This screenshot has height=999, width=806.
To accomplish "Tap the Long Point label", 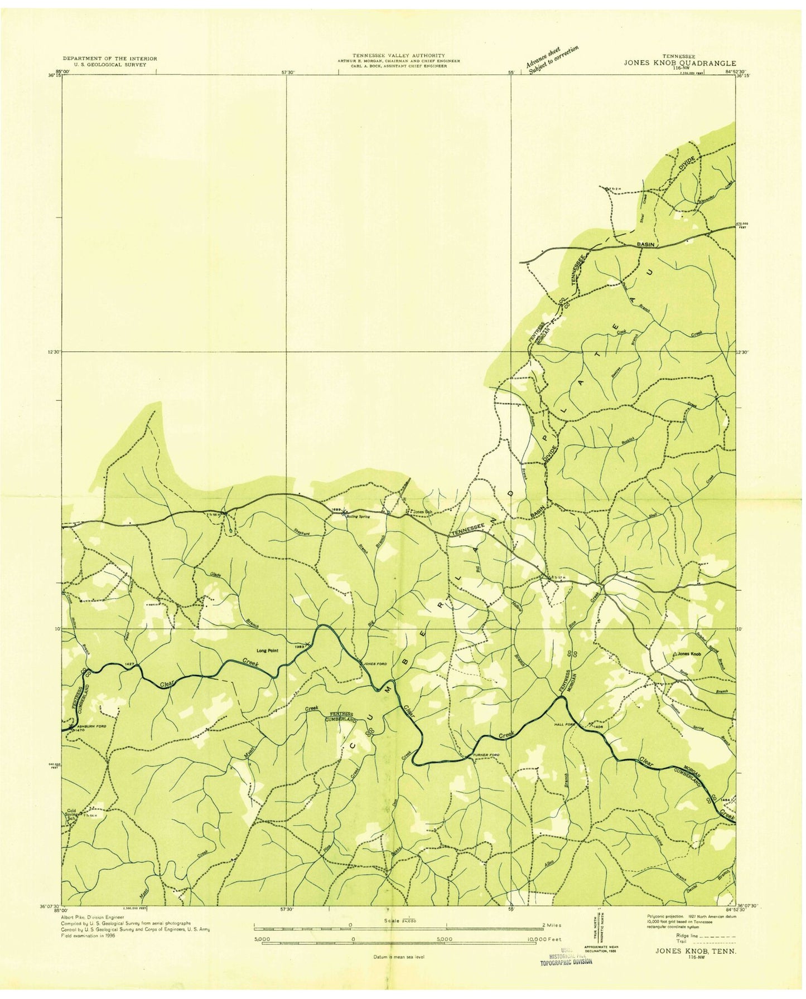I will pyautogui.click(x=267, y=651).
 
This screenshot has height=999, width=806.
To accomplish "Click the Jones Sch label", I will pyautogui.click(x=422, y=512).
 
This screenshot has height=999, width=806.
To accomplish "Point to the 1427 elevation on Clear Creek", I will pyautogui.click(x=130, y=664).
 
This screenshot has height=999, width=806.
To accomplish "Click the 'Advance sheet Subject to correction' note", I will pyautogui.click(x=552, y=58).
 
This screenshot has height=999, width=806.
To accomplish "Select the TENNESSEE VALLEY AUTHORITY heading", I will pyautogui.click(x=398, y=55).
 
